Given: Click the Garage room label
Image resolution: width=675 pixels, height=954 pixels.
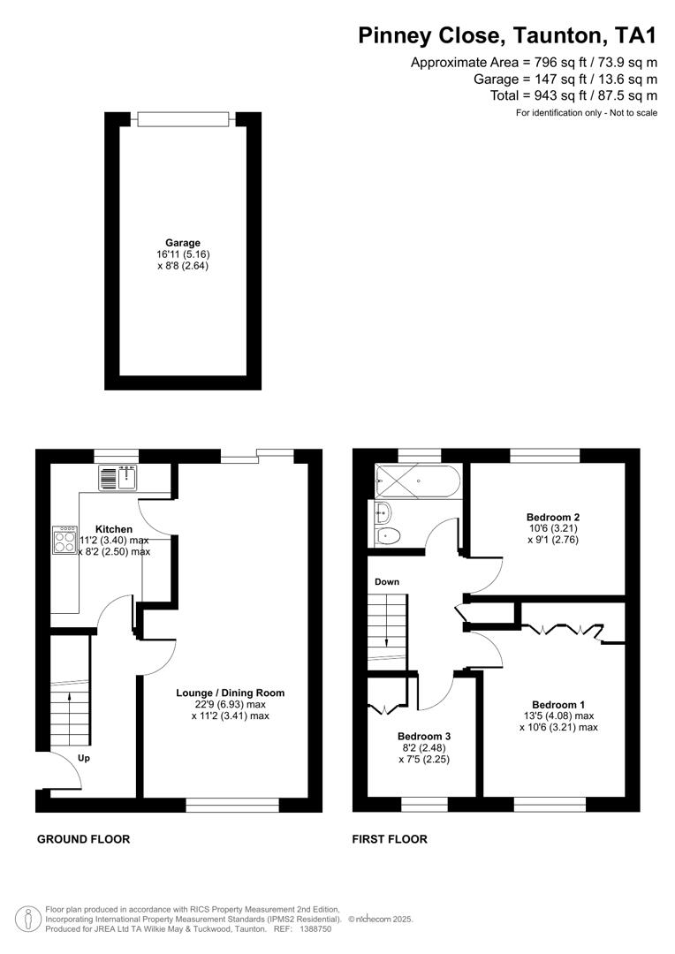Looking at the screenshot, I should (183, 243).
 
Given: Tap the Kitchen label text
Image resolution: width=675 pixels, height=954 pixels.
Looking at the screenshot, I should (114, 529).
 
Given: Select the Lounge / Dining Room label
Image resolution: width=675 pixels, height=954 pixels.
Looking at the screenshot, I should (230, 693).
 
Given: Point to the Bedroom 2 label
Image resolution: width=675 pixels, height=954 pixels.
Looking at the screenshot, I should (553, 517).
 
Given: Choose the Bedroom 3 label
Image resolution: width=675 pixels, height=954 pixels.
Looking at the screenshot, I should (424, 736).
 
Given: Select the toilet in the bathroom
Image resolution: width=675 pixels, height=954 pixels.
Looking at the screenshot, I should (388, 535).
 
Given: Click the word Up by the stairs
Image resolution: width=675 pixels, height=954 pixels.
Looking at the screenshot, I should (85, 758).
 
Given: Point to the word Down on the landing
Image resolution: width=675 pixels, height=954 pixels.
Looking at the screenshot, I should (387, 582).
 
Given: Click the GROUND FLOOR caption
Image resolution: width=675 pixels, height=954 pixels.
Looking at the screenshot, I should (83, 839).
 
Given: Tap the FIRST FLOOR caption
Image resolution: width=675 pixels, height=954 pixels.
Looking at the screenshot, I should (391, 839).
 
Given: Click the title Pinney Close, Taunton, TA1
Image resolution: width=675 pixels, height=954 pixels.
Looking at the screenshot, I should (507, 35).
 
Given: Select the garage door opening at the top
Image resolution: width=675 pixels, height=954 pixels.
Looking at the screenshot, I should (183, 118).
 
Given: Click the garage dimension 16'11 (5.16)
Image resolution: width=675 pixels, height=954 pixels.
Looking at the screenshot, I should (183, 254).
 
